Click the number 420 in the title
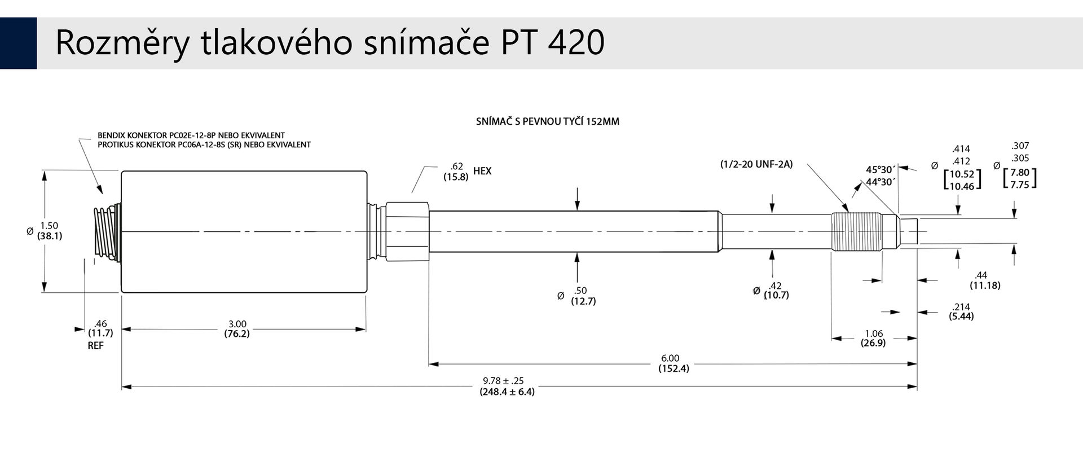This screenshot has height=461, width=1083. click(x=576, y=42)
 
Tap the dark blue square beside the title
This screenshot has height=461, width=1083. click(x=18, y=43)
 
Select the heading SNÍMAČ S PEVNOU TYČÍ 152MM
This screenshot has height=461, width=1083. click(x=547, y=121)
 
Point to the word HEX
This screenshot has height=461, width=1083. click(x=482, y=171)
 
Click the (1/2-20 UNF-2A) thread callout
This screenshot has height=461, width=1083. click(x=756, y=164)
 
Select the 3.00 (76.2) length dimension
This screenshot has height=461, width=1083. click(x=237, y=328)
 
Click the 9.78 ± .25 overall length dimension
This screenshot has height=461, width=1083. click(x=507, y=386)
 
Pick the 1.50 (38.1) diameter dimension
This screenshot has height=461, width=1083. click(x=50, y=231)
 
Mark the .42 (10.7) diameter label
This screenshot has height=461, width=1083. click(x=776, y=290)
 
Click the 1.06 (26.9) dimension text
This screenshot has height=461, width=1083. click(x=873, y=338)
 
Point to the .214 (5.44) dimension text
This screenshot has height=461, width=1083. click(x=961, y=311)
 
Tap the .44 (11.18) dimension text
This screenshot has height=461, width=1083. click(x=985, y=280)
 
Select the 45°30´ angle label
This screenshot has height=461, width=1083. click(x=880, y=169)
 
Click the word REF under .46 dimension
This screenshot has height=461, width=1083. click(x=95, y=345)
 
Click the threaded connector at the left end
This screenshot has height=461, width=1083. click(x=107, y=232)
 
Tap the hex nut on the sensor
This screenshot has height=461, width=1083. click(x=407, y=231)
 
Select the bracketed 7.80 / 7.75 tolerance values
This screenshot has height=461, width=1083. click(x=1020, y=178)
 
